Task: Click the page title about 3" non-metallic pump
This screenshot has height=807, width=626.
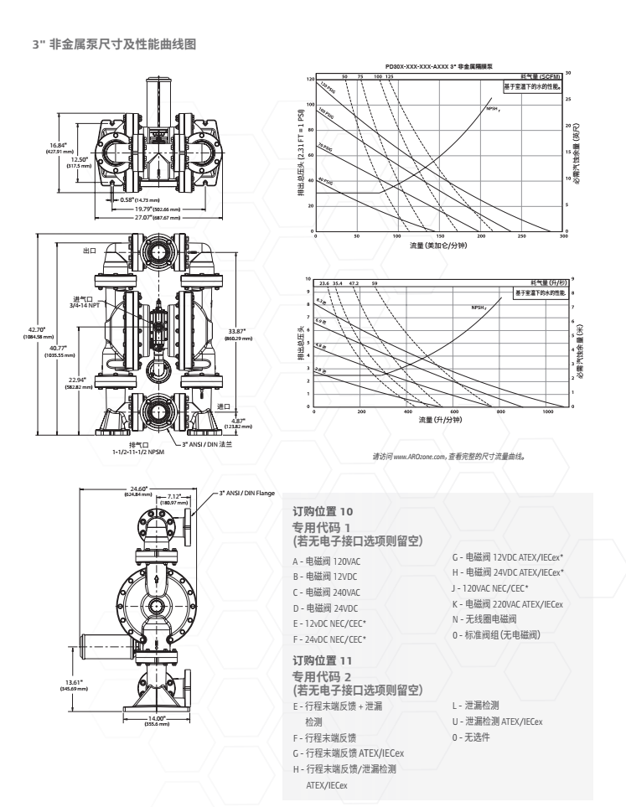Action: (x=114, y=44)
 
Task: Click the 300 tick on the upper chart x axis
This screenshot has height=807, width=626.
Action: (x=563, y=237)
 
